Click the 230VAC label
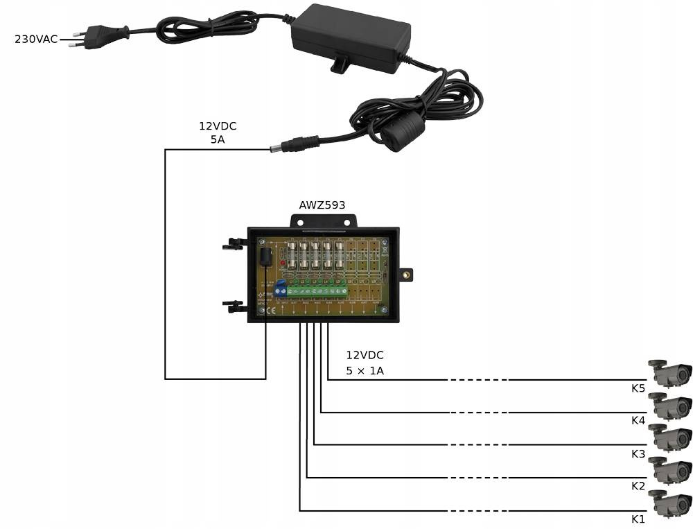(x=36, y=39)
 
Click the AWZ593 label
(x=322, y=205)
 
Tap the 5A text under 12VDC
(x=218, y=139)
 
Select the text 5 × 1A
(x=365, y=371)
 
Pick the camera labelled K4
(x=670, y=406)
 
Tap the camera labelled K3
(x=670, y=439)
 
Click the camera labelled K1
(x=670, y=504)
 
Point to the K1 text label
(x=638, y=519)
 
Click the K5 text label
(x=638, y=388)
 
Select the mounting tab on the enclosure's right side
(x=407, y=275)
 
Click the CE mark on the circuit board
(x=271, y=310)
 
